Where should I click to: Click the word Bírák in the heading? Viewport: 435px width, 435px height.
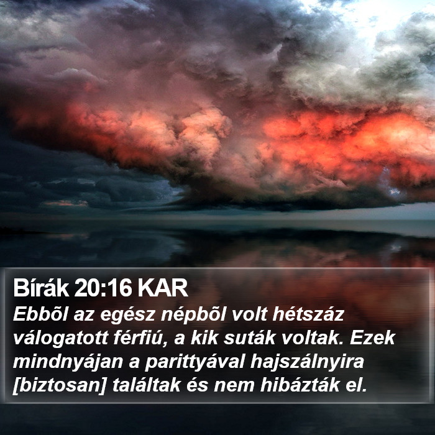41,288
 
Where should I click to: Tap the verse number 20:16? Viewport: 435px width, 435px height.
103,288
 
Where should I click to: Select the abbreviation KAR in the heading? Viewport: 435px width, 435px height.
163,288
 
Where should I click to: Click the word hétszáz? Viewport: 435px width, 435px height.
308,314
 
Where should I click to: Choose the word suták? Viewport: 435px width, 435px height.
249,338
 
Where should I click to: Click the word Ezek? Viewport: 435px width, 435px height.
372,338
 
